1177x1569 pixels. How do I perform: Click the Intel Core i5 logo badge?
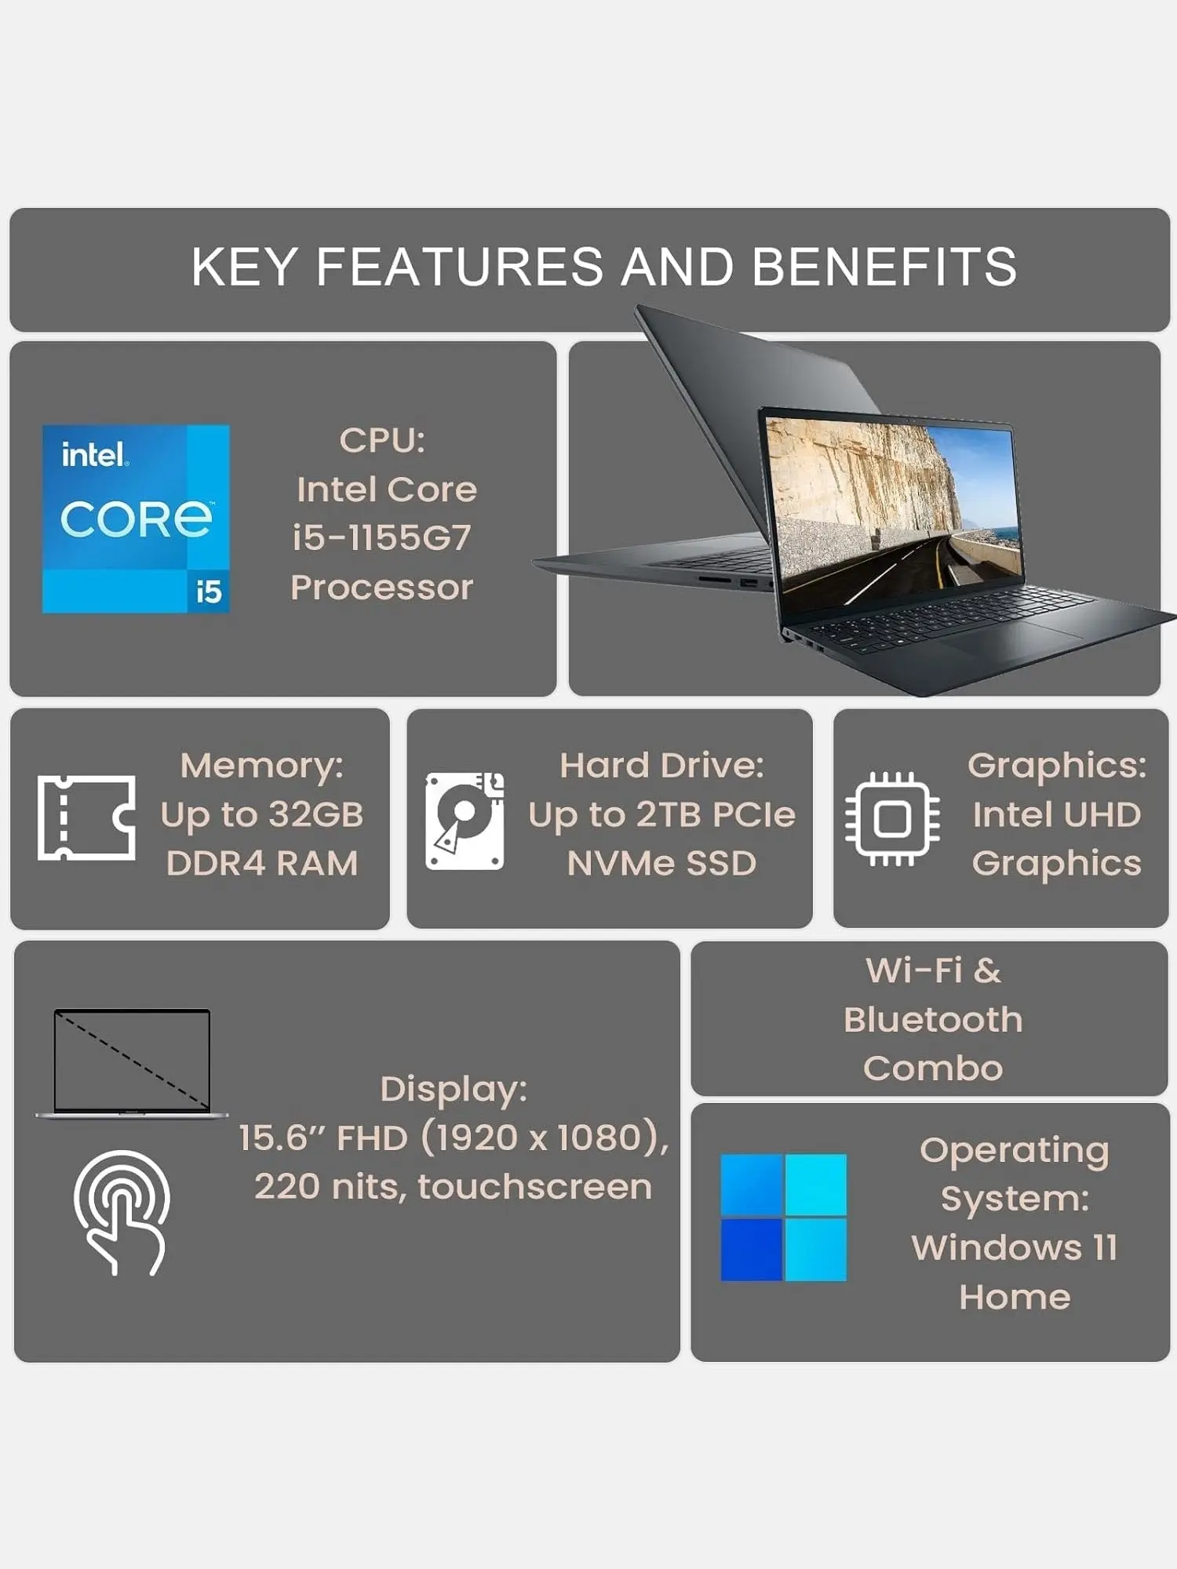coord(136,519)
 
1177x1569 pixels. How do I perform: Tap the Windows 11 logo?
coord(783,1217)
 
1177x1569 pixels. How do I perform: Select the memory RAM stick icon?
coord(86,817)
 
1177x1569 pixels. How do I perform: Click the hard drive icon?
coord(465,821)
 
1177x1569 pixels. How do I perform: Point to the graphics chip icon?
coord(892,819)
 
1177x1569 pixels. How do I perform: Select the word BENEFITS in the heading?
coord(884,267)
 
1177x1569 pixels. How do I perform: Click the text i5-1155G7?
coord(382,538)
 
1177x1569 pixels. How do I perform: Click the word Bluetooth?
coord(933,1020)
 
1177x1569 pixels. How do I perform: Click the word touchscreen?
coord(535,1187)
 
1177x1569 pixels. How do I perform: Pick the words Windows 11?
coord(1014,1248)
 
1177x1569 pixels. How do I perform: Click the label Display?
coord(454,1089)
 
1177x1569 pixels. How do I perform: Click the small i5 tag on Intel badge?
coord(209,592)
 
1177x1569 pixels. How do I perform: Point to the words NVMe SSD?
coord(661,864)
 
